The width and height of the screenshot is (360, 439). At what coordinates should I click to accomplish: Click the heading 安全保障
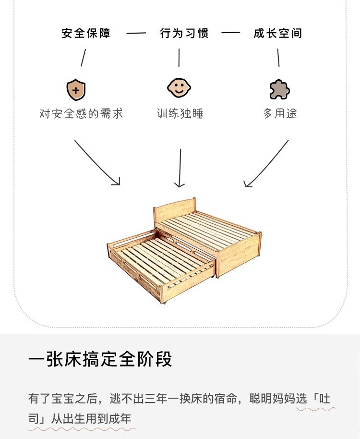click(x=86, y=34)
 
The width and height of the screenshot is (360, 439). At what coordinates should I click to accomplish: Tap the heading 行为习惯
click(x=184, y=34)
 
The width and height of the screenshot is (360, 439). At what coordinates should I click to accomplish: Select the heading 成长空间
click(x=278, y=34)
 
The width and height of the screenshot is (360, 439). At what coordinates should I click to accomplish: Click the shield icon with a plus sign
click(x=76, y=90)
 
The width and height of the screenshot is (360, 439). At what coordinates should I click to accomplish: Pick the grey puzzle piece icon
click(x=279, y=89)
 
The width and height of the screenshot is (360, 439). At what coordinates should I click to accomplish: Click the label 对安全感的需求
click(x=81, y=113)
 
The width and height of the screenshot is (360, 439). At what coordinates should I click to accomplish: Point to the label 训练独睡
click(x=180, y=113)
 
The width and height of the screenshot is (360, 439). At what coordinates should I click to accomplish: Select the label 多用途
click(x=280, y=113)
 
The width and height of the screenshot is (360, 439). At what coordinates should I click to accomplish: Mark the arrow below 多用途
click(x=267, y=163)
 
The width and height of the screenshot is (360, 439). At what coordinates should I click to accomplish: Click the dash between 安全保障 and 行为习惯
click(x=136, y=34)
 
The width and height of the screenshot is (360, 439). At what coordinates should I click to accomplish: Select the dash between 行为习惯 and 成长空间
click(x=230, y=34)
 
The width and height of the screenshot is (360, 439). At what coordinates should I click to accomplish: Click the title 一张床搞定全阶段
click(x=100, y=359)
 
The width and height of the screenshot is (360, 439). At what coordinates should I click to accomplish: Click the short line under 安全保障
click(x=83, y=58)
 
